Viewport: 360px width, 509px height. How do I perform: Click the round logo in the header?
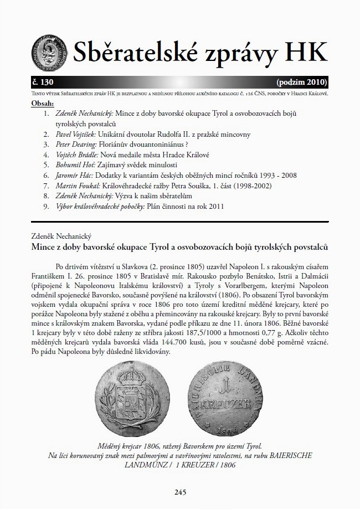pos(50,49)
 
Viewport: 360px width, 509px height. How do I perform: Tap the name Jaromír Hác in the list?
pos(74,176)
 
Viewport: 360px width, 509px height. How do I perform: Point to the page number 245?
pos(179,491)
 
